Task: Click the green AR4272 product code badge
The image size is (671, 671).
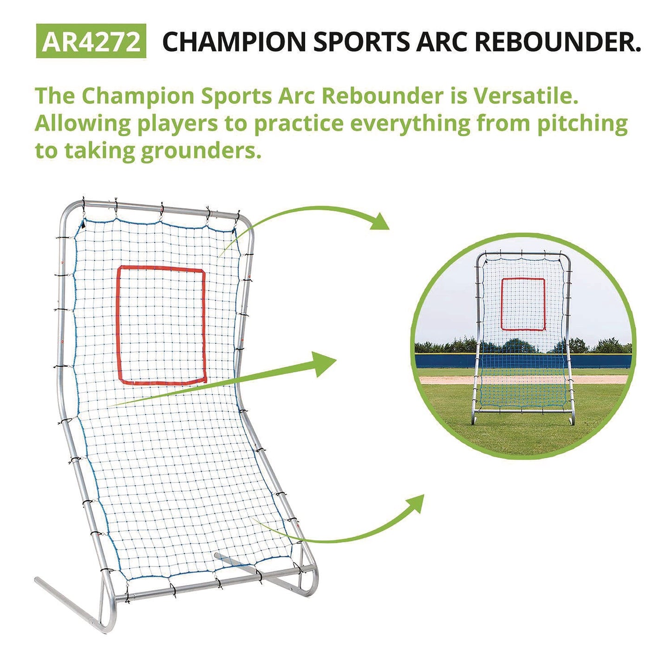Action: (91, 41)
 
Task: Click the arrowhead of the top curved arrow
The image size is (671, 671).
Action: (379, 222)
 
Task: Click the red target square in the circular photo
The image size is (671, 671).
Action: (523, 304)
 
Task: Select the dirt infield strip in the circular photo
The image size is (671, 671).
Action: (446, 380)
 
